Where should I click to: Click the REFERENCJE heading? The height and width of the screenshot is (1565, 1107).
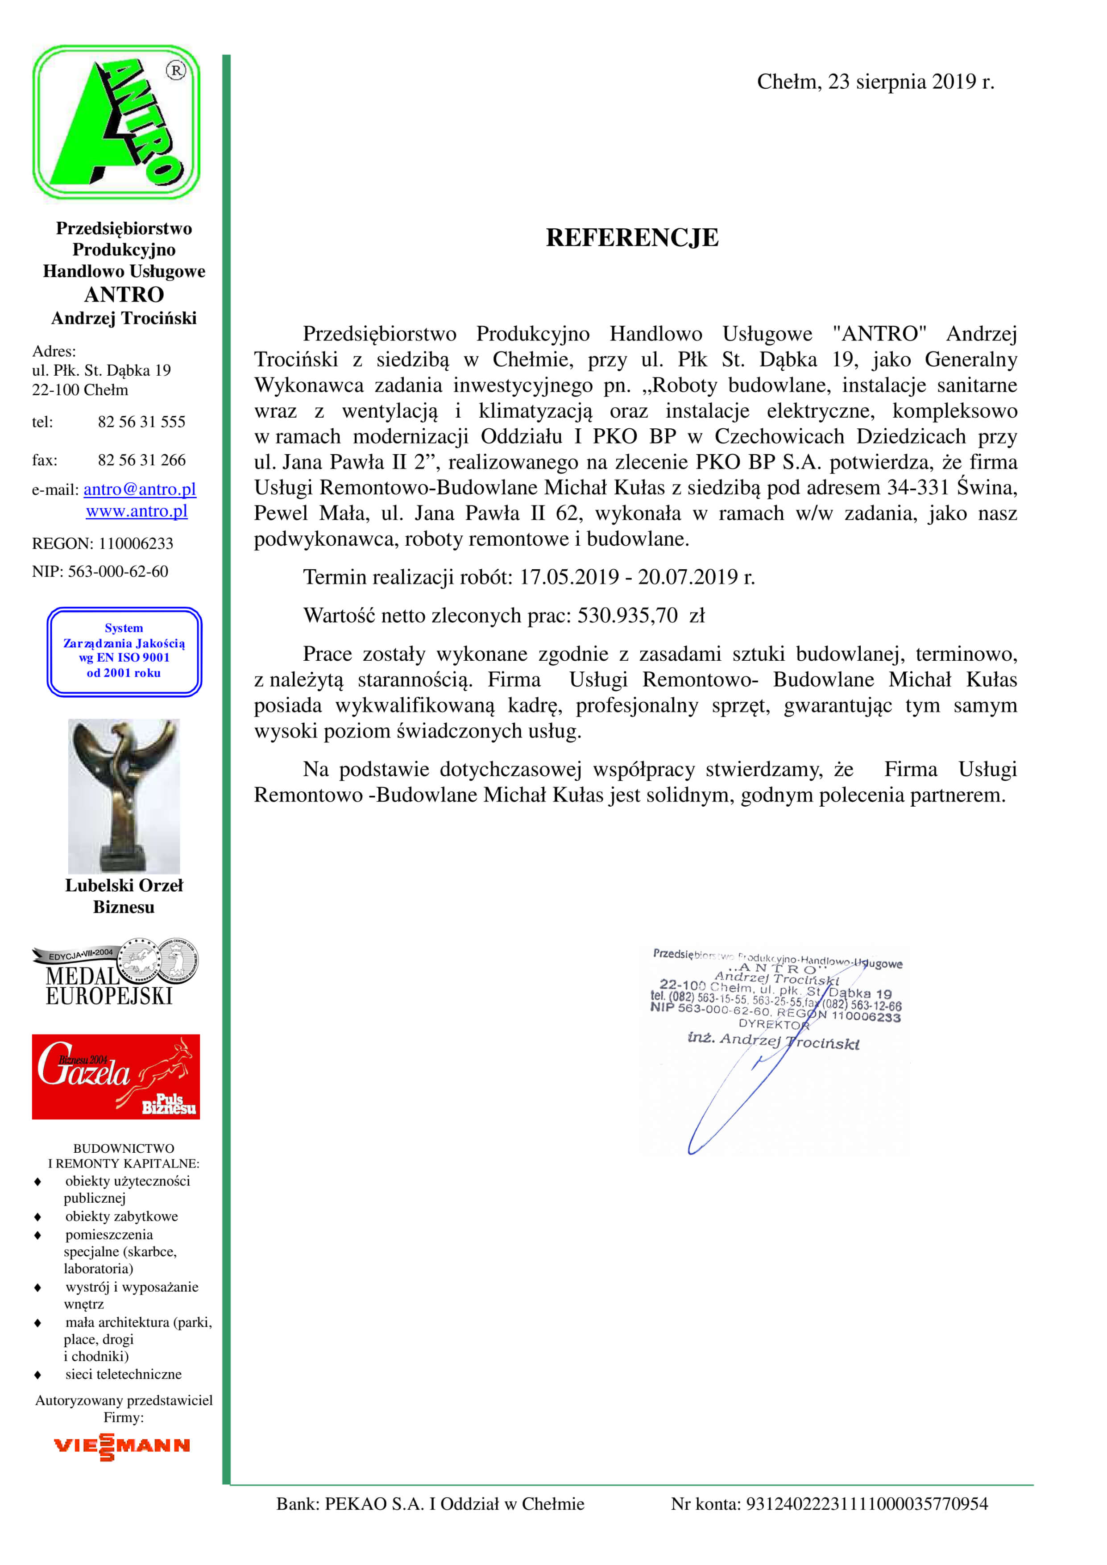click(632, 238)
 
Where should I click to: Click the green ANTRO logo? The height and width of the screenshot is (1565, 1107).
click(116, 123)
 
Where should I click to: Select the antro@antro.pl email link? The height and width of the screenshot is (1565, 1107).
click(140, 489)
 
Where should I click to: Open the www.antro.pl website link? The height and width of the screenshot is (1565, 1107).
click(137, 511)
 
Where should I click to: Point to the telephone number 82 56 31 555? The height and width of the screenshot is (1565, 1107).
click(141, 422)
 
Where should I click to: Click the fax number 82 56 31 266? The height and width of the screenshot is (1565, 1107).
click(141, 460)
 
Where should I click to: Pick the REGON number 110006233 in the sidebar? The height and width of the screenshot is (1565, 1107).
click(136, 543)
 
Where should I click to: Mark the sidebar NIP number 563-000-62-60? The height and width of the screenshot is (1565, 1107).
click(118, 571)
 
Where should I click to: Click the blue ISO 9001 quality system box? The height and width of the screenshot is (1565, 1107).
click(124, 651)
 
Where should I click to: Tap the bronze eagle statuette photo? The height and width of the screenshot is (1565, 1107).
click(124, 795)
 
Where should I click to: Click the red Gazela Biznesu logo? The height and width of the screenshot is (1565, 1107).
click(116, 1076)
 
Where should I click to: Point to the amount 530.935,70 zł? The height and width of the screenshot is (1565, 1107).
click(641, 616)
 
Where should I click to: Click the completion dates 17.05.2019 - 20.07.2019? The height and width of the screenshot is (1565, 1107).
click(637, 577)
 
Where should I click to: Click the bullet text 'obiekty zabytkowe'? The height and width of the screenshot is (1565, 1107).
click(121, 1216)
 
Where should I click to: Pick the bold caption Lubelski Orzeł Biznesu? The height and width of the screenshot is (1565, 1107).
click(124, 896)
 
